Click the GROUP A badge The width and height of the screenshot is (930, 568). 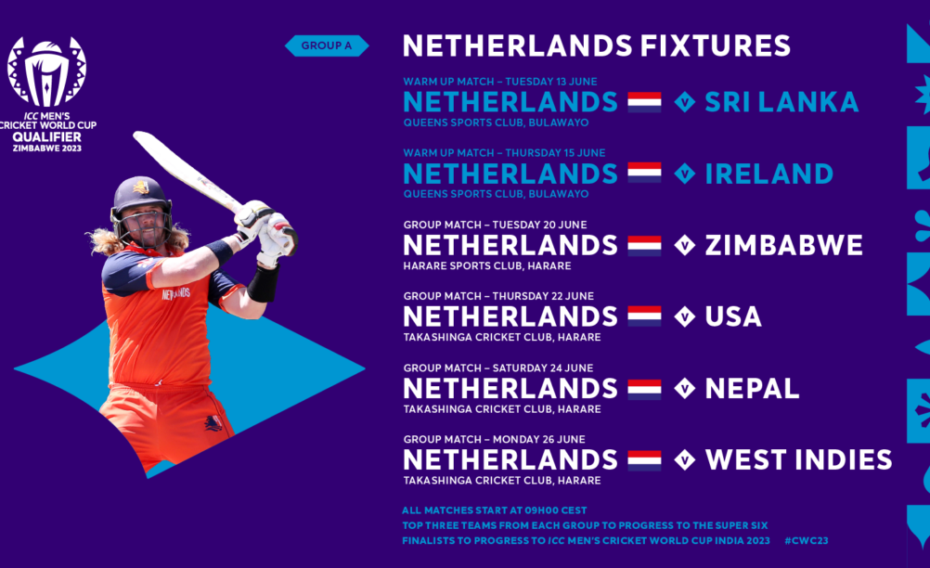tap(327, 45)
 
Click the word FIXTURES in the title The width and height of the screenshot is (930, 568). tap(715, 45)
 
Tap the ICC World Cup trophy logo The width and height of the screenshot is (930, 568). tap(46, 71)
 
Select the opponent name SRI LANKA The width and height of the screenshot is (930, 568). tap(781, 102)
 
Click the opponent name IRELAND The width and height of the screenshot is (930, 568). tap(769, 174)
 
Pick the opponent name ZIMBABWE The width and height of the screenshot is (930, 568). tap(783, 245)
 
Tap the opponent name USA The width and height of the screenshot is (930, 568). tap(733, 316)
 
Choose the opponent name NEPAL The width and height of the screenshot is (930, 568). tap(752, 389)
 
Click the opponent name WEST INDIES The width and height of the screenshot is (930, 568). tap(798, 460)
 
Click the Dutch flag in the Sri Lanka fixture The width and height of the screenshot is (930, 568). tap(645, 102)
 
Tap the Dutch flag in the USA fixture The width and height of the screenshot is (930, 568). tap(645, 316)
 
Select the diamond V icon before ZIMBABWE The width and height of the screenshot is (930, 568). tap(684, 245)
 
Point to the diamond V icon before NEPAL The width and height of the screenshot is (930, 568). tap(684, 389)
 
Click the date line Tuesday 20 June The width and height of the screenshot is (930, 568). tap(496, 225)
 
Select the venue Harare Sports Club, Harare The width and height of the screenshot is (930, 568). tap(487, 266)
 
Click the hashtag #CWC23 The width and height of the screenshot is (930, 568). tap(806, 541)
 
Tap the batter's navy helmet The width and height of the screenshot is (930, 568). tap(140, 196)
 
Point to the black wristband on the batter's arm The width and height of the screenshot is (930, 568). tap(264, 283)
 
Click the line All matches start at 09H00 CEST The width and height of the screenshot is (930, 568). tap(494, 510)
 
